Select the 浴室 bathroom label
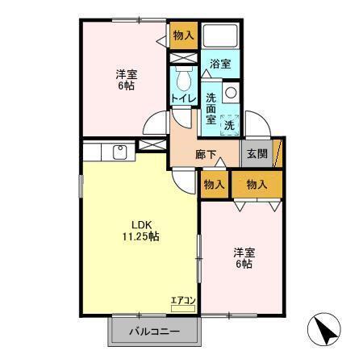[219, 64]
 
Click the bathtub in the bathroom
[220, 36]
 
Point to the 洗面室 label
[211, 107]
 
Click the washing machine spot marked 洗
[230, 124]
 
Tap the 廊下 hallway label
[205, 155]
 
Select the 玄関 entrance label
[257, 155]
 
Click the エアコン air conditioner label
[184, 301]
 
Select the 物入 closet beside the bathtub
[183, 35]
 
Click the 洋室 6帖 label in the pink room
[242, 257]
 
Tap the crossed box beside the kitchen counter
[150, 146]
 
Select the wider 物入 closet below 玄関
[257, 185]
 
